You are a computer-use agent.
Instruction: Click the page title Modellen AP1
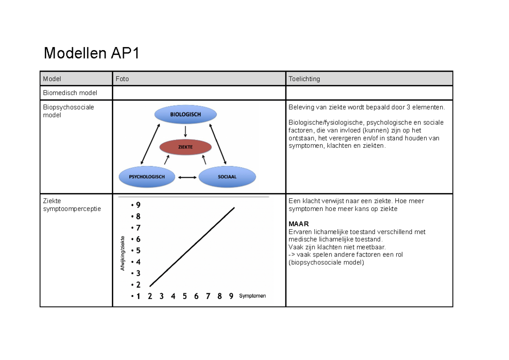coord(92,54)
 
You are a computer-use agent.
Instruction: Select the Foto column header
coord(122,79)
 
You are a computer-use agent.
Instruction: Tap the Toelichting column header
coord(304,79)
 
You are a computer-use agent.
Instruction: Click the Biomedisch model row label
coord(70,93)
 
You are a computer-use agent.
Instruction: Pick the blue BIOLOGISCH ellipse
coord(185,114)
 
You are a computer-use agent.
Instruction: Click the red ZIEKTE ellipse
coord(185,147)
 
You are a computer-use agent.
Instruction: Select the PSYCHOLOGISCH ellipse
coord(147,177)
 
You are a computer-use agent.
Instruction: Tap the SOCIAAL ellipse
coord(227,177)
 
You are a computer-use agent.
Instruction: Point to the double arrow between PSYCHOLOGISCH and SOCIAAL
coord(187,177)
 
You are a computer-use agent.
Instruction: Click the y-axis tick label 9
coord(138,205)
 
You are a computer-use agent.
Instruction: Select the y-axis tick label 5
coord(138,250)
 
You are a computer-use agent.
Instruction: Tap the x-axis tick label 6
coord(196,296)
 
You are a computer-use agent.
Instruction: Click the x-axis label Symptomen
coord(252,296)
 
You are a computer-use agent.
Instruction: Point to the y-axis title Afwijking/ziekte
coord(123,253)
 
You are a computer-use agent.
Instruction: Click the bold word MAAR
coord(299,224)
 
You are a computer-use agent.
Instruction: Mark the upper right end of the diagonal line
coord(234,208)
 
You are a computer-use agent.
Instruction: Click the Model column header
coord(52,79)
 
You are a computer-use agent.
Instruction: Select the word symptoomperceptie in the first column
coord(72,208)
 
